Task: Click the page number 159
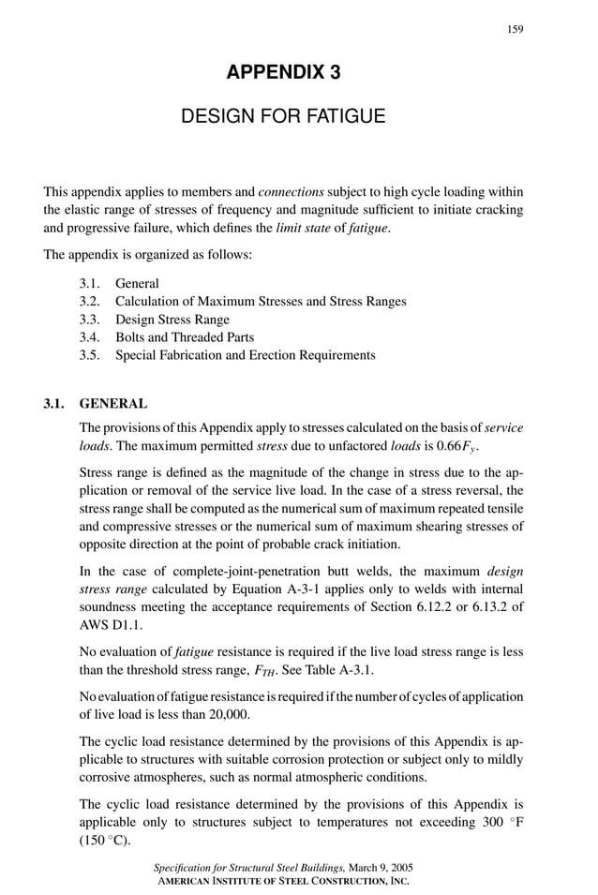click(515, 29)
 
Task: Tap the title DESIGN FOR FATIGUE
click(282, 117)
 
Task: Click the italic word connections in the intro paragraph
click(290, 191)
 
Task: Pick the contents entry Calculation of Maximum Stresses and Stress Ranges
click(261, 301)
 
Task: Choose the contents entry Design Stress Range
click(172, 319)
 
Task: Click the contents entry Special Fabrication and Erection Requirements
click(245, 355)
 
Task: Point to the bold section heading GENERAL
click(112, 404)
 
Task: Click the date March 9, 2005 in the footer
click(376, 870)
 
